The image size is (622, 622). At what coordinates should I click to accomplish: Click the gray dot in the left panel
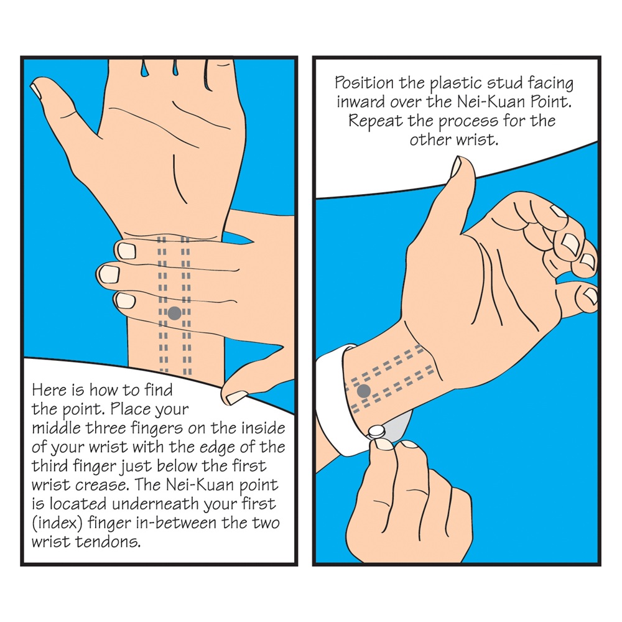point(175,313)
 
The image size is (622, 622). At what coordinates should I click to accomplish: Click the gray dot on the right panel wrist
point(364,391)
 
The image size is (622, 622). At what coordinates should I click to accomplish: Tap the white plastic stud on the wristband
point(376,431)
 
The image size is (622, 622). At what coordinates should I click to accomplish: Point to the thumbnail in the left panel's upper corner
point(36,91)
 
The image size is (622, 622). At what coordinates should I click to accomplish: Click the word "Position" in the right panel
point(364,83)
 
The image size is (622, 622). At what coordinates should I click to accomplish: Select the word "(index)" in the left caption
point(57,523)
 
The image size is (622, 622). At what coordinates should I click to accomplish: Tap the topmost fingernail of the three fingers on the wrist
point(126,251)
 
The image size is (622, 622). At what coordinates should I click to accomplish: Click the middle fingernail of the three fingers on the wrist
point(108,274)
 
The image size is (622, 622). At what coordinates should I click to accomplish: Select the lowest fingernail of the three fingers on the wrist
point(124,300)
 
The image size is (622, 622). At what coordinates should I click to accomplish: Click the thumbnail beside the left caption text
point(236,397)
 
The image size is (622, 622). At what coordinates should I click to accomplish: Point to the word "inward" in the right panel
point(361,102)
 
